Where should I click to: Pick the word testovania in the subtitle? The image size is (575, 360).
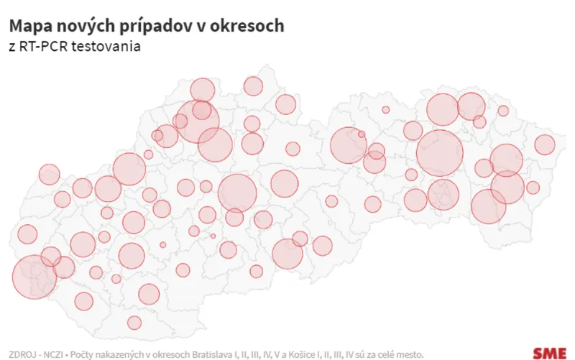(x=110, y=47)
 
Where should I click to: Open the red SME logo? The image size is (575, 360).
(x=549, y=353)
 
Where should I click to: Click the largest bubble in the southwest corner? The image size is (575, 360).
(x=34, y=277)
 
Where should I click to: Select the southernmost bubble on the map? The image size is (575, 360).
(x=134, y=323)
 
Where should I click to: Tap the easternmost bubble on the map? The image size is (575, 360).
(x=545, y=145)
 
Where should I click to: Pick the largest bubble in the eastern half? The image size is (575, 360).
(x=439, y=153)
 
